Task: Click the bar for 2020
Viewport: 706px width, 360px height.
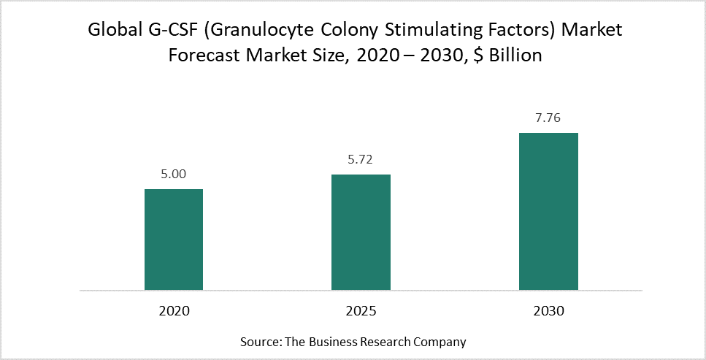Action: coord(174,240)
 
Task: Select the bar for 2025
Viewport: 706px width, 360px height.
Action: coord(361,232)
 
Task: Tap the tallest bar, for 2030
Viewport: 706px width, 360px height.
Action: coord(548,212)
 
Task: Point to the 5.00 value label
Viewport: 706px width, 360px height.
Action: coord(174,175)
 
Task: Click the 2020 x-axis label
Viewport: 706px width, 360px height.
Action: coord(174,310)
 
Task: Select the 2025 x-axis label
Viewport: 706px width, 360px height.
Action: coord(361,310)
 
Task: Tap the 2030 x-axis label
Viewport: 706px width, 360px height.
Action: coord(548,310)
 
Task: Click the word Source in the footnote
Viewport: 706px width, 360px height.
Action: coord(257,341)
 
